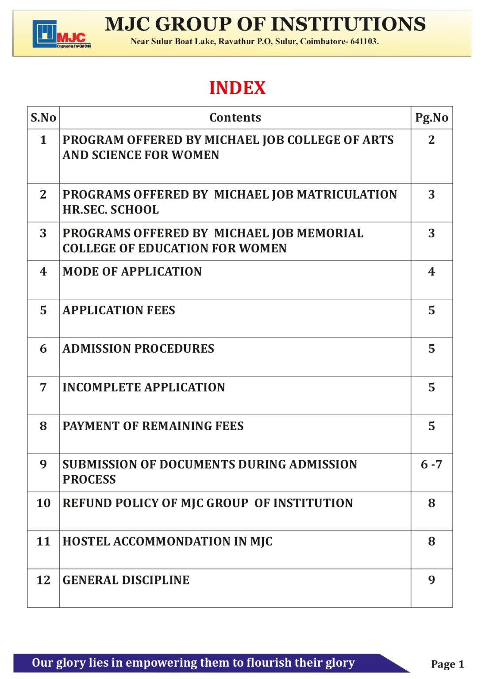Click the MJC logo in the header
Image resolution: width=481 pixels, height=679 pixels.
(62, 34)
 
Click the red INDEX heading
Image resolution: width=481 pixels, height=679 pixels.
(237, 88)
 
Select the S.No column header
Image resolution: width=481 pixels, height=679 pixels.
(43, 118)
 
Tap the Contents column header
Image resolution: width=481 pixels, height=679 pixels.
(235, 118)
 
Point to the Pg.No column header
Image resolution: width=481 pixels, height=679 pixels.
(431, 118)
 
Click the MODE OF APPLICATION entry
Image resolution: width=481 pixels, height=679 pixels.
(132, 271)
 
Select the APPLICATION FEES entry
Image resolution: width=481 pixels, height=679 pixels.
(119, 310)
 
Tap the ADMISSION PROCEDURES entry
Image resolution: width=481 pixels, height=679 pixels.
(138, 349)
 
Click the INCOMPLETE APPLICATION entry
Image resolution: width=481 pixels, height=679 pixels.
(143, 387)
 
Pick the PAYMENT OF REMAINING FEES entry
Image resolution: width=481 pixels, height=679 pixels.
(153, 426)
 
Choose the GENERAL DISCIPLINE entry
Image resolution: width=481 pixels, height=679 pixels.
(126, 580)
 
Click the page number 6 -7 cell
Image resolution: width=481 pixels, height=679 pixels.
(431, 465)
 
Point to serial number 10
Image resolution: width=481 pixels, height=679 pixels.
(43, 503)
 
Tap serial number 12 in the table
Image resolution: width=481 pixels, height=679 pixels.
(43, 580)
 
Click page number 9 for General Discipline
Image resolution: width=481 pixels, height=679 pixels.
(431, 580)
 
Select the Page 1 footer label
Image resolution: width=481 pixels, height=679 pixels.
(447, 664)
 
